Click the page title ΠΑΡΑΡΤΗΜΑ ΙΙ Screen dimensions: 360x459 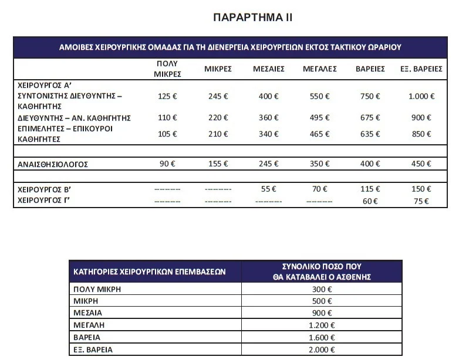pos(252,18)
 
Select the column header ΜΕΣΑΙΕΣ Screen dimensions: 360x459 pos(269,69)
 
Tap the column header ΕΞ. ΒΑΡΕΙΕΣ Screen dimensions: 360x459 pos(420,69)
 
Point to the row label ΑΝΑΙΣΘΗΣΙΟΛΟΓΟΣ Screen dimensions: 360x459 pos(53,164)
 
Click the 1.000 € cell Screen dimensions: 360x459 pos(421,96)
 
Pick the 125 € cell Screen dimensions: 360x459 pos(167,96)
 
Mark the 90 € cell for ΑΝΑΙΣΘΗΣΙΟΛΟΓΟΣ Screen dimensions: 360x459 pos(167,164)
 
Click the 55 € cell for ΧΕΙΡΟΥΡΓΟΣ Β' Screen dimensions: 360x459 pos(269,189)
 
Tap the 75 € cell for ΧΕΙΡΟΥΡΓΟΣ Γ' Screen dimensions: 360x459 pos(421,201)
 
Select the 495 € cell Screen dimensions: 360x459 pos(319,118)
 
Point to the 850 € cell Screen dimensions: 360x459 pos(421,134)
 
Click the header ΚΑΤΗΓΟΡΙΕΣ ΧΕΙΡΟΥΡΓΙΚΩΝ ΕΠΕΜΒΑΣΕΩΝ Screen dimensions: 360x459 pos(149,272)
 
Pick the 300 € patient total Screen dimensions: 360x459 pos(322,289)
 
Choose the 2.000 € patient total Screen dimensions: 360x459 pos(322,350)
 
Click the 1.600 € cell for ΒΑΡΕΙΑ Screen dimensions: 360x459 pos(322,338)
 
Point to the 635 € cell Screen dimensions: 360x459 pos(370,134)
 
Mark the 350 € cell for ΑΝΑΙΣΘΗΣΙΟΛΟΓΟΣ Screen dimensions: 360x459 pos(319,164)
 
